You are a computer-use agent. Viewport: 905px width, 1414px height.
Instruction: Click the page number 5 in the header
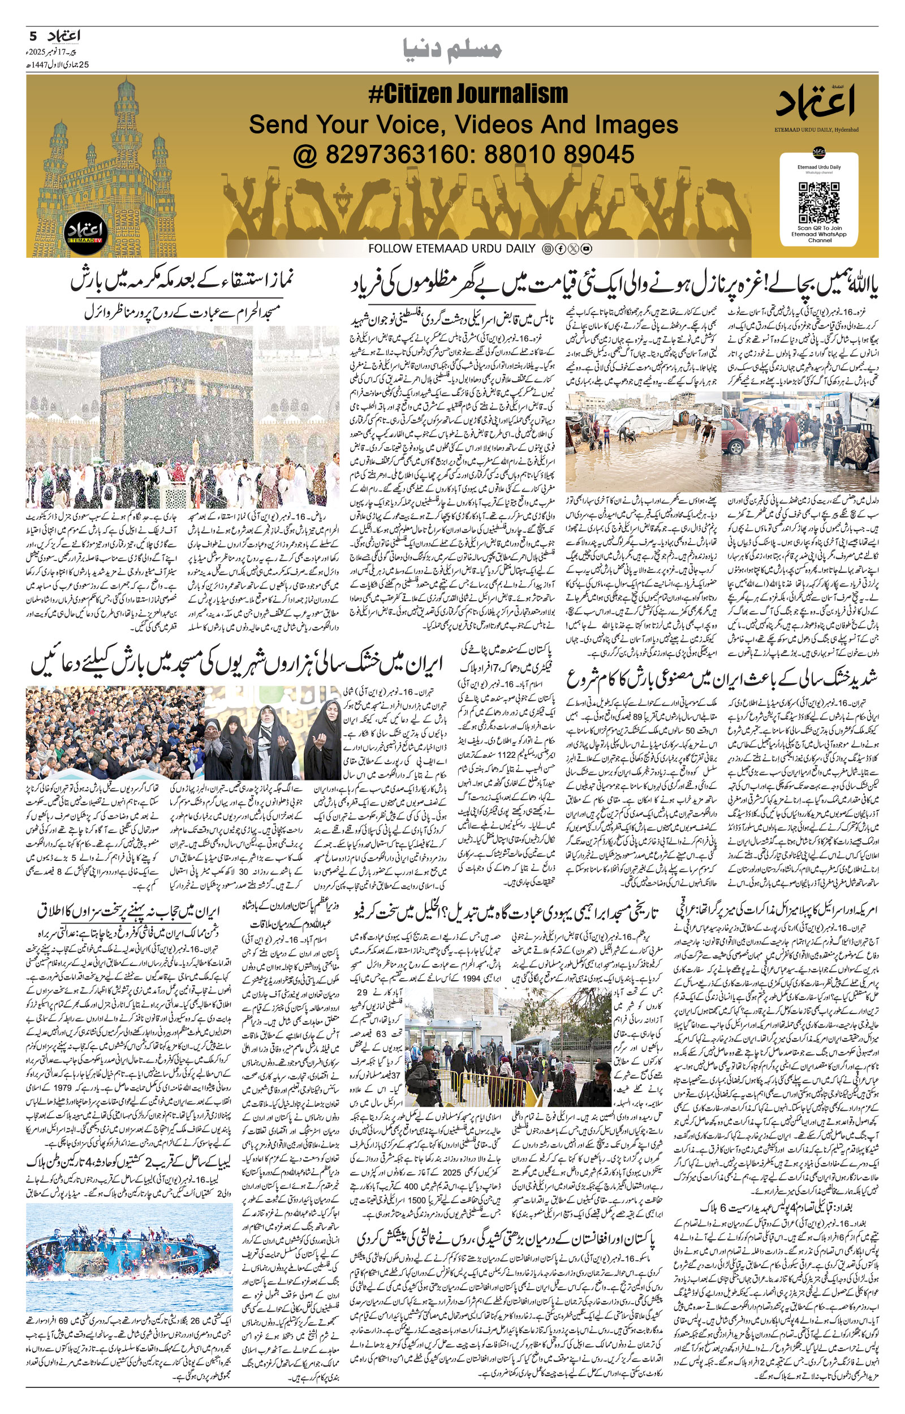tap(33, 36)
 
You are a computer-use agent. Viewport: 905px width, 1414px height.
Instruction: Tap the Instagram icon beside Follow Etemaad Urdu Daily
tap(547, 249)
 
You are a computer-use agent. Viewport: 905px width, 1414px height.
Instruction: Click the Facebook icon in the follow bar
tap(560, 249)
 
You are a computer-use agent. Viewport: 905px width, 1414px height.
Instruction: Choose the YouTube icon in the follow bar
tap(586, 249)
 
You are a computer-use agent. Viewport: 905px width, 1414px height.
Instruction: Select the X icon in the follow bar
tap(573, 249)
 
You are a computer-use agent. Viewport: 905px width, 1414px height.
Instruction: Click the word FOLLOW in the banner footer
tap(387, 249)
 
